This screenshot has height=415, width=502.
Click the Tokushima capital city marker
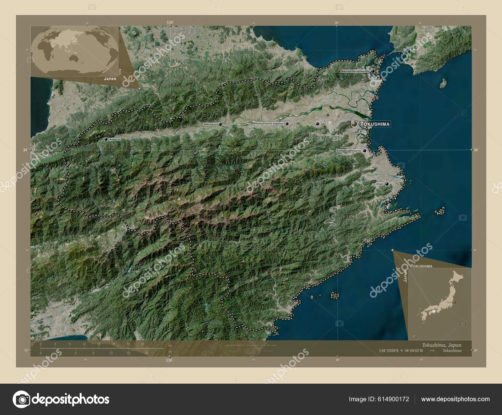[354, 124]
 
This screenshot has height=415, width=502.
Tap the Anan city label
[379, 184]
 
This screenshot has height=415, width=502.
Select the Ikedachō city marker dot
[106, 139]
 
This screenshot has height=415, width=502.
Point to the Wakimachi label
[210, 124]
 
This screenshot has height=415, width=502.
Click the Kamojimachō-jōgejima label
[269, 124]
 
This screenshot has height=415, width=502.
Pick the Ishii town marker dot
[318, 124]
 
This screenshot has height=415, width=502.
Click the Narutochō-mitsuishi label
[355, 71]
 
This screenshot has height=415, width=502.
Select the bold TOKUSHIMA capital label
[375, 124]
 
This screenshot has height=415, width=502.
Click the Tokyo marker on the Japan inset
[454, 302]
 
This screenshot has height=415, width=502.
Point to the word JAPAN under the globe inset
[110, 79]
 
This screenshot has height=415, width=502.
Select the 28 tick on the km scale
[143, 344]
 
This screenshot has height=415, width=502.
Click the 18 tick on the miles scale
[146, 353]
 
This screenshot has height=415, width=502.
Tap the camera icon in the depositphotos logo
[21, 399]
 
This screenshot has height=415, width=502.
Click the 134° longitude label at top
[170, 22]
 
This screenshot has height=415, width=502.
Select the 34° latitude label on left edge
[25, 150]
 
